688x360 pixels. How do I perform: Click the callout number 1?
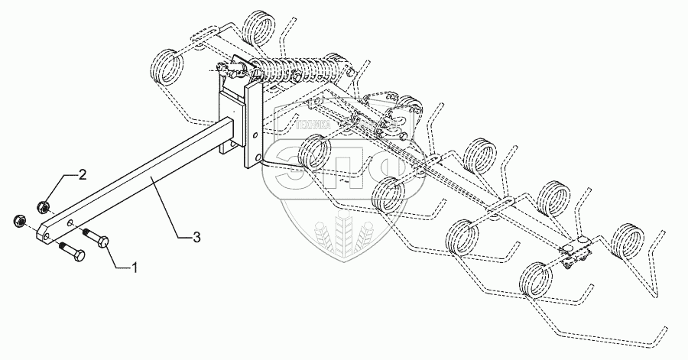pyautogui.click(x=135, y=268)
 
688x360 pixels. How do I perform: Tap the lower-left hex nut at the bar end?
pyautogui.click(x=18, y=222)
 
